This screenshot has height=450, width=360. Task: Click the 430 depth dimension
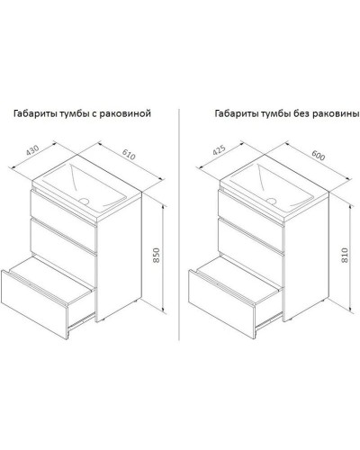[x=32, y=150]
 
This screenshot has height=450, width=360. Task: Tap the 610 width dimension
[x=129, y=154]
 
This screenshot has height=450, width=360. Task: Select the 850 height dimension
[x=157, y=256]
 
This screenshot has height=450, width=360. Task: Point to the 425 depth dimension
[x=219, y=150]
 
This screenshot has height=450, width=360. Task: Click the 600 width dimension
[x=319, y=155]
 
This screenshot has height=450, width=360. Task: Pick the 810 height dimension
[x=345, y=256]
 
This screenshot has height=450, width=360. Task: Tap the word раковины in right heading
[x=337, y=114]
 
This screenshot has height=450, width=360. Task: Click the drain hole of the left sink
[x=84, y=201]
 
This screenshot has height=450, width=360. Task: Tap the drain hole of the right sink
[x=272, y=201]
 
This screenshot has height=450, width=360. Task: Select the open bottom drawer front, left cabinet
[x=34, y=303]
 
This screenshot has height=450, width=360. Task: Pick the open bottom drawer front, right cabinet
[x=222, y=303]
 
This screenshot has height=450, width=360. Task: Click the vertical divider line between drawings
[x=179, y=224]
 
